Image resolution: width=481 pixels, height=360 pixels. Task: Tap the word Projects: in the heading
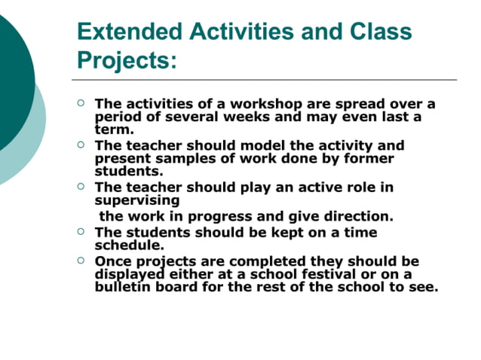[x=127, y=60]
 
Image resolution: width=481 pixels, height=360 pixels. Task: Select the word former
[x=367, y=158]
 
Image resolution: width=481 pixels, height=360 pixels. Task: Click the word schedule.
[x=129, y=245]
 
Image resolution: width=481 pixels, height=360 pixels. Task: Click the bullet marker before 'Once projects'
[x=82, y=261]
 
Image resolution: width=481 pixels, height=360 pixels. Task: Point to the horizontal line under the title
[x=264, y=79]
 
